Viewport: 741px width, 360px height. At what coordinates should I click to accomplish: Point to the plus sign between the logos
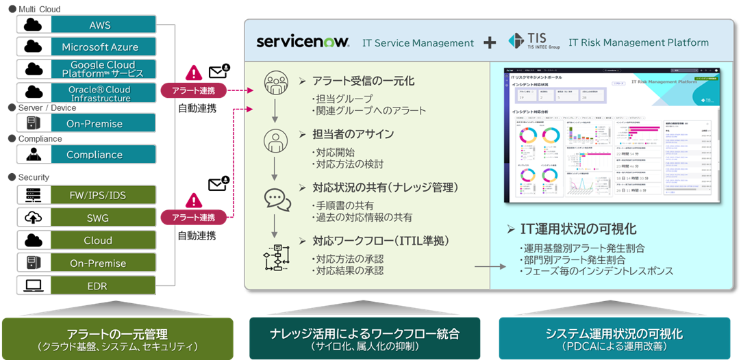[490, 42]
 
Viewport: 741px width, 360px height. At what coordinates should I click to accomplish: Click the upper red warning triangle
[195, 73]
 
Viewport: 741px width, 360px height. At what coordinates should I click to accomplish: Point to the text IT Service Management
[418, 42]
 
